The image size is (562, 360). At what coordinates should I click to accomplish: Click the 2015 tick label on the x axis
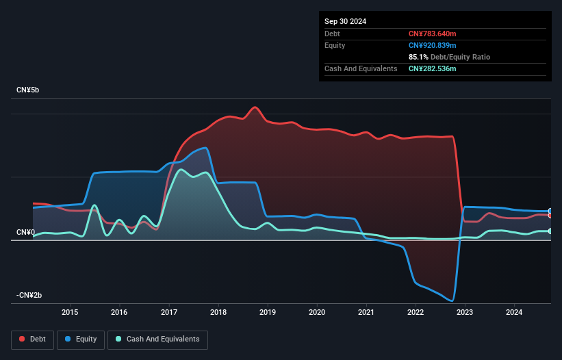[x=70, y=312]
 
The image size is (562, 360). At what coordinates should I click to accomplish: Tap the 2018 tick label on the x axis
[x=218, y=312]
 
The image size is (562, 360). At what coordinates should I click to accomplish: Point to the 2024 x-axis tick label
[x=514, y=312]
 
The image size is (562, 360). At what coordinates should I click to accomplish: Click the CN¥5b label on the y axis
[x=29, y=90]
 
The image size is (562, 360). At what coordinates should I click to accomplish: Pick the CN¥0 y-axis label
[x=25, y=233]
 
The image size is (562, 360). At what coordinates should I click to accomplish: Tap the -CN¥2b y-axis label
[x=29, y=296]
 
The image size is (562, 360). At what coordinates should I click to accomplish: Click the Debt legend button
[x=33, y=339]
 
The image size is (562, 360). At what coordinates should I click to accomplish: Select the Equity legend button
[x=81, y=339]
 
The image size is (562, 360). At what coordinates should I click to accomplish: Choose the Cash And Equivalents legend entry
[x=157, y=339]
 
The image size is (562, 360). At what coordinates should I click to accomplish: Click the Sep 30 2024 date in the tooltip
[x=346, y=21]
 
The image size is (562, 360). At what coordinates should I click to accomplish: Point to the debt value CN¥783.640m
[x=432, y=34]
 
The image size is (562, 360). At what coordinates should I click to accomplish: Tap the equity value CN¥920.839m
[x=432, y=45]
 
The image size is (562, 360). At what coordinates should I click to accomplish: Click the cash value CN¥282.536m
[x=432, y=68]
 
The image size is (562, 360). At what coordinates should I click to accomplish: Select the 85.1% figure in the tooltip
[x=420, y=57]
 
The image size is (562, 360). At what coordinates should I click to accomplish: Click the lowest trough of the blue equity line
[x=451, y=300]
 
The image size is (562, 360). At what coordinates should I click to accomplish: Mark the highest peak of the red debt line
[x=255, y=107]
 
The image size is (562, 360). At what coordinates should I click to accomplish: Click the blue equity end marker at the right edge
[x=550, y=211]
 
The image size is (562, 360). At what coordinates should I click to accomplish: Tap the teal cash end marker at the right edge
[x=550, y=231]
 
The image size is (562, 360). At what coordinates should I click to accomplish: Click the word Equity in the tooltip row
[x=335, y=45]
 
